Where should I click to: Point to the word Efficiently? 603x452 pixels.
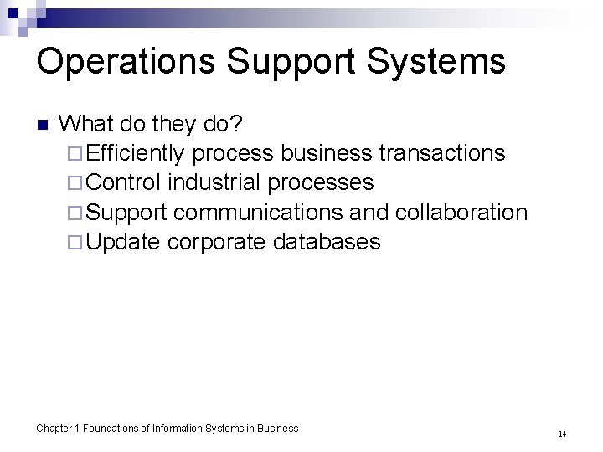pyautogui.click(x=137, y=153)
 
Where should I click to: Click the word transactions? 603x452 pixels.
pyautogui.click(x=442, y=153)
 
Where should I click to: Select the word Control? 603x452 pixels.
pyautogui.click(x=122, y=182)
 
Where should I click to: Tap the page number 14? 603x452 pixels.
pyautogui.click(x=562, y=434)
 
